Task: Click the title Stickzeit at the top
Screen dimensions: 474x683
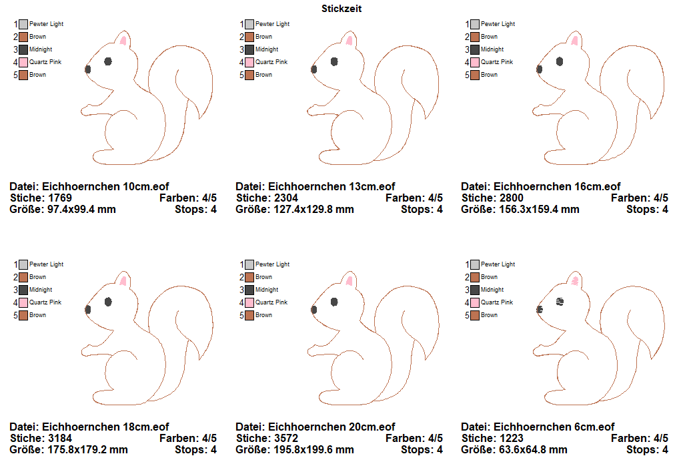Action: (x=341, y=9)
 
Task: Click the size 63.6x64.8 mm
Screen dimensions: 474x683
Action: (x=530, y=449)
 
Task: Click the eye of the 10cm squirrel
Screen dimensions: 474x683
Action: (x=108, y=61)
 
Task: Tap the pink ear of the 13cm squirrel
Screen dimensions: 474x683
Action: (x=349, y=40)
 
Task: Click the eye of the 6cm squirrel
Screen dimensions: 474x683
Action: (x=560, y=302)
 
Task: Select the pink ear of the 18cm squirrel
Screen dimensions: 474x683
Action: (x=123, y=280)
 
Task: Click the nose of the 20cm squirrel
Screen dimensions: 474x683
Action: (x=313, y=309)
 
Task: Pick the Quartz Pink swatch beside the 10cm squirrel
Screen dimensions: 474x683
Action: (x=24, y=62)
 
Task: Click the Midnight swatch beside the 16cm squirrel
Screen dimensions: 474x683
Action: (x=475, y=49)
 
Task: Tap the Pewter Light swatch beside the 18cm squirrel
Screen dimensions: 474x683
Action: (x=24, y=264)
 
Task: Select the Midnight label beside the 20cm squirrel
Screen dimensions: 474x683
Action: (x=267, y=290)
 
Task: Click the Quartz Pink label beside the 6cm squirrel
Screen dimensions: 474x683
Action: (x=496, y=302)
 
